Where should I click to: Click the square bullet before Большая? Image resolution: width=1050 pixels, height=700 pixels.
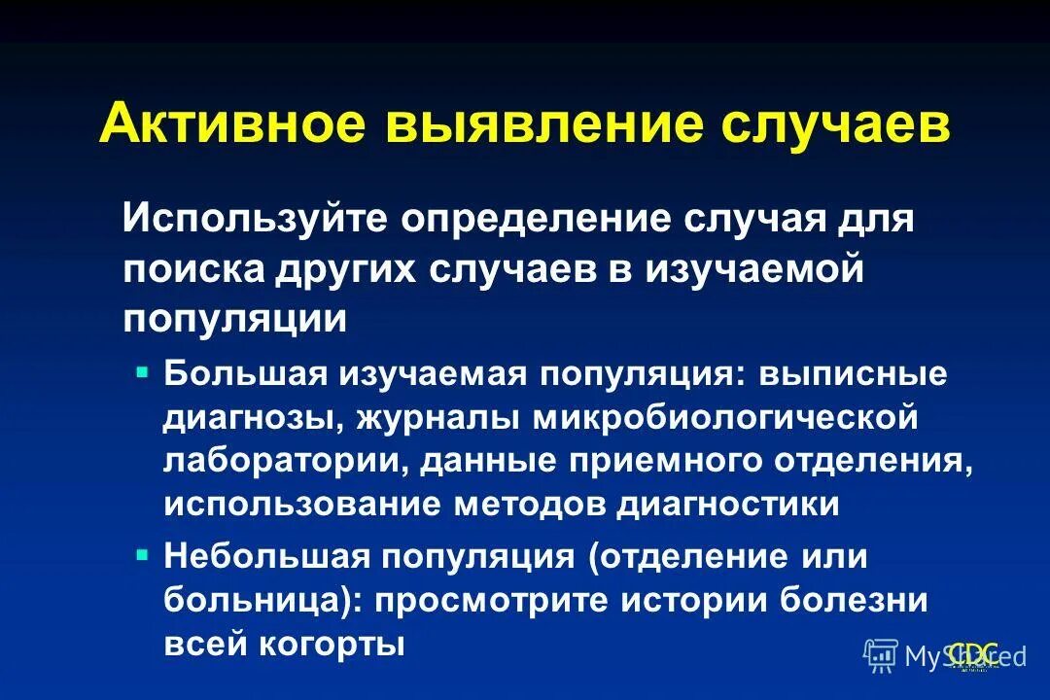click(x=143, y=370)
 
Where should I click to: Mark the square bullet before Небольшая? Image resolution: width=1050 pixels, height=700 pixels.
click(x=143, y=554)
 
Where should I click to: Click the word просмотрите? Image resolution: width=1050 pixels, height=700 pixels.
click(x=506, y=600)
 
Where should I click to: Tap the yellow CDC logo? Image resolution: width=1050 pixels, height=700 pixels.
click(x=973, y=654)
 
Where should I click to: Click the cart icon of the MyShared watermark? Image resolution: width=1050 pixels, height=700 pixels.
click(x=880, y=656)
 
